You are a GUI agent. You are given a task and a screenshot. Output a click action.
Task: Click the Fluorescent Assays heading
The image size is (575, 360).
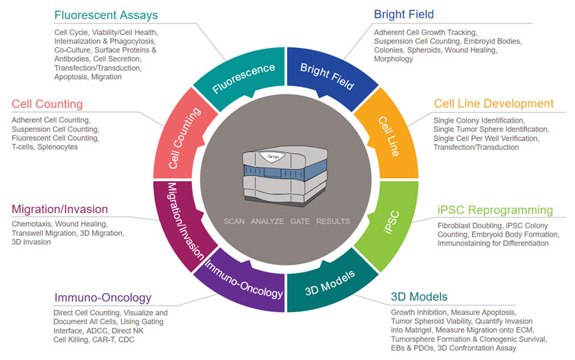point(116,14)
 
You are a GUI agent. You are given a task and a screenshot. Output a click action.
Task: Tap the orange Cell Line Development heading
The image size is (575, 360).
point(494,104)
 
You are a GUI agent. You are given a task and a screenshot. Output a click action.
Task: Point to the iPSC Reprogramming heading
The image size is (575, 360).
point(496,209)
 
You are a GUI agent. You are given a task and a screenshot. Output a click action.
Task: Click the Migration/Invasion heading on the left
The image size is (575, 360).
point(59,209)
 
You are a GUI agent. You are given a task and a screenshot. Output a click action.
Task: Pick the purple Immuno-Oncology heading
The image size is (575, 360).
point(103,297)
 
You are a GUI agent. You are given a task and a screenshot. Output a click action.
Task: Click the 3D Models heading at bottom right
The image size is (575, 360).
point(420,296)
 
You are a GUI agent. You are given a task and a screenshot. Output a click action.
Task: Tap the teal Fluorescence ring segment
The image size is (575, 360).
point(241,76)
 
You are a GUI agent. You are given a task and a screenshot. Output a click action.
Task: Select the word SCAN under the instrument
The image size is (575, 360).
point(236,222)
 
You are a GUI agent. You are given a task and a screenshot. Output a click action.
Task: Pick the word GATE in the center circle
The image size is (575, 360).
point(299,222)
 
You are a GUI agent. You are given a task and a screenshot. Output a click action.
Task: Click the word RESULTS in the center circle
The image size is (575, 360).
point(334,222)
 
